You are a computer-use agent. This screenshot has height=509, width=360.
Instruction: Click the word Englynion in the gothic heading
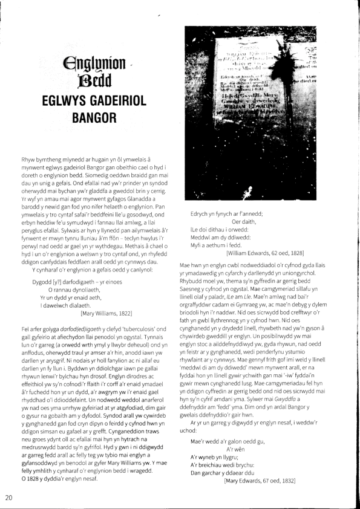[x=94, y=62]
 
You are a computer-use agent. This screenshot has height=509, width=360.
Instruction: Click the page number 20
[x=8, y=498]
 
